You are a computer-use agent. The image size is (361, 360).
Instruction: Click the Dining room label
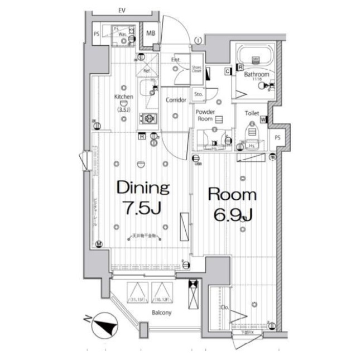pos(142,188)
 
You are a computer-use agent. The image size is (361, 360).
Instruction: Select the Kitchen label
pos(124,97)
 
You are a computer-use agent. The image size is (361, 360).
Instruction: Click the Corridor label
pos(176,100)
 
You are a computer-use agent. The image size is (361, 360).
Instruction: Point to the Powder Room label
pos(205,116)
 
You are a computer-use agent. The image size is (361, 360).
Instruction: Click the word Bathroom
pos(257,74)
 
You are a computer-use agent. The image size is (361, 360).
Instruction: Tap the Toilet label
pos(252,113)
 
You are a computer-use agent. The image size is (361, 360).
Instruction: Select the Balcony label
pos(161,313)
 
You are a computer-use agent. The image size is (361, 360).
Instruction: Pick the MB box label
pos(151,33)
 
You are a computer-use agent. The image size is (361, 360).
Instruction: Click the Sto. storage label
pos(198,94)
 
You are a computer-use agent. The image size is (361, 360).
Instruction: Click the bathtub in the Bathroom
pos(256,57)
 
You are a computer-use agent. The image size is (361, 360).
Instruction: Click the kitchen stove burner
pos(150,118)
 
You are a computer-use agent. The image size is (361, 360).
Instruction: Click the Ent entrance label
pos(175,60)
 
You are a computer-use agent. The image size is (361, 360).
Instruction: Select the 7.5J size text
pos(141,209)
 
